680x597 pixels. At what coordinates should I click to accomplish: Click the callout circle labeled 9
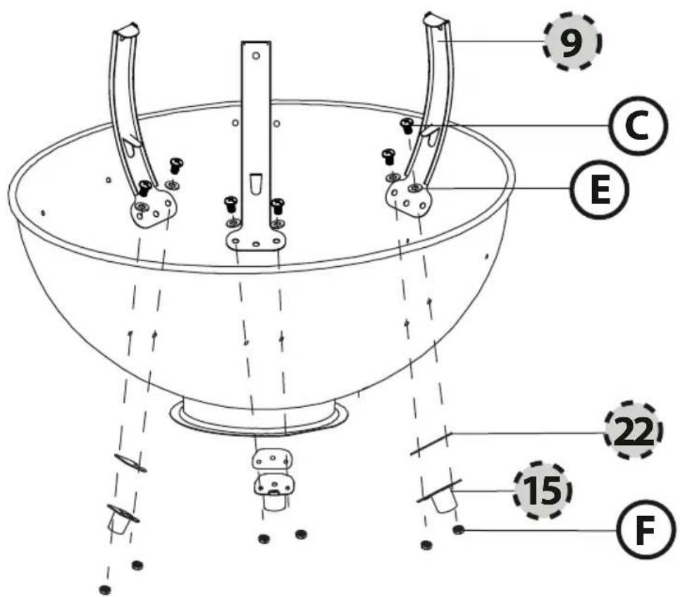tap(572, 42)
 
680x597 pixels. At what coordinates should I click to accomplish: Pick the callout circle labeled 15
tap(543, 490)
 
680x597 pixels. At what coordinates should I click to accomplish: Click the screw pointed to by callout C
tap(407, 126)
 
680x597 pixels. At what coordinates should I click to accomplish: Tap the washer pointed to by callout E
tap(416, 188)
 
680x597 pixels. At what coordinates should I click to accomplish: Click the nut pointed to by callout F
tap(459, 530)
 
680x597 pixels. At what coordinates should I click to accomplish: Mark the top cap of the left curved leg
tap(126, 32)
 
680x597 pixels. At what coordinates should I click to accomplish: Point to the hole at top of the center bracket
tap(256, 56)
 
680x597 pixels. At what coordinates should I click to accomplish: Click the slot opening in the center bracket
tap(256, 183)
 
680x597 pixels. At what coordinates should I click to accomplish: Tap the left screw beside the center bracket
tap(230, 204)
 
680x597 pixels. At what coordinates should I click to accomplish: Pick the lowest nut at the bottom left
tap(104, 589)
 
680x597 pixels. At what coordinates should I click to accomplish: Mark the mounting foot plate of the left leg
tap(154, 209)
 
